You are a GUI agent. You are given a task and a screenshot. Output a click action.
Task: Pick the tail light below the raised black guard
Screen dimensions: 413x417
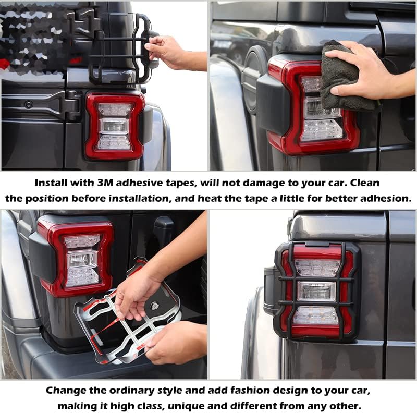[x=115, y=125]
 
